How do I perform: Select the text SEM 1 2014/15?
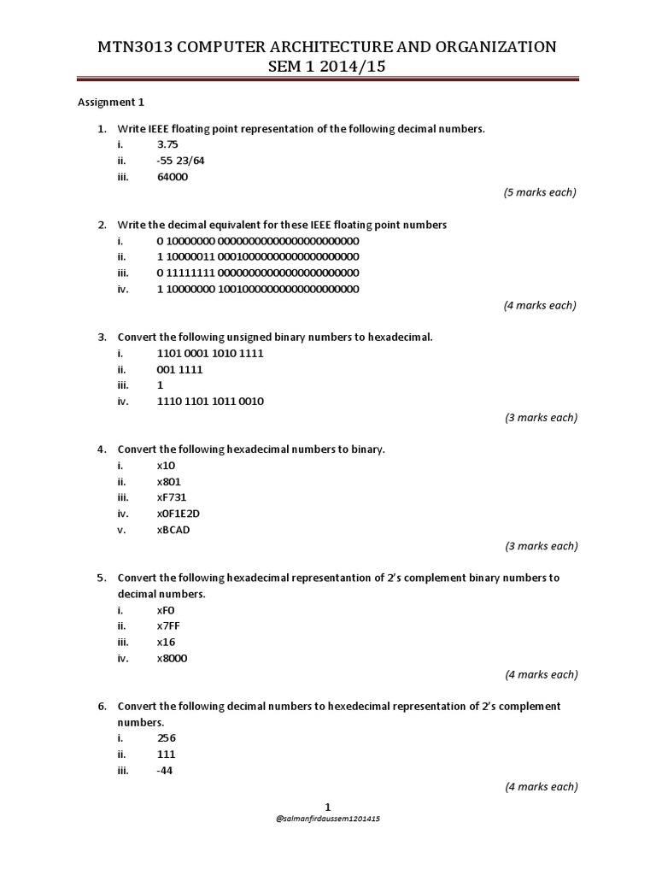point(328,68)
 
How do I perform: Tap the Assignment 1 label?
point(111,103)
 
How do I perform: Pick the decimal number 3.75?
point(167,144)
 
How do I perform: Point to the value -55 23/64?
point(181,161)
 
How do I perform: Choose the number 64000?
point(173,177)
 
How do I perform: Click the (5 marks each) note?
point(540,192)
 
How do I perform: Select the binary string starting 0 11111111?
point(258,273)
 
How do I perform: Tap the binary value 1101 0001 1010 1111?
point(210,353)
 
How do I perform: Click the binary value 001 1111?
point(180,369)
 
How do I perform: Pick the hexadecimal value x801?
point(169,481)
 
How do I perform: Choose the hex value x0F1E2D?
point(179,514)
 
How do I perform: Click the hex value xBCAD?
point(174,530)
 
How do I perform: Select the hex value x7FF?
point(169,626)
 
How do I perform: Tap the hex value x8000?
point(173,658)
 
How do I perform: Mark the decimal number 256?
point(167,738)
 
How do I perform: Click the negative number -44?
point(166,771)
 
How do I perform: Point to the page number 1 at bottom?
point(328,806)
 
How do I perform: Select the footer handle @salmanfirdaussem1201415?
point(328,819)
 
